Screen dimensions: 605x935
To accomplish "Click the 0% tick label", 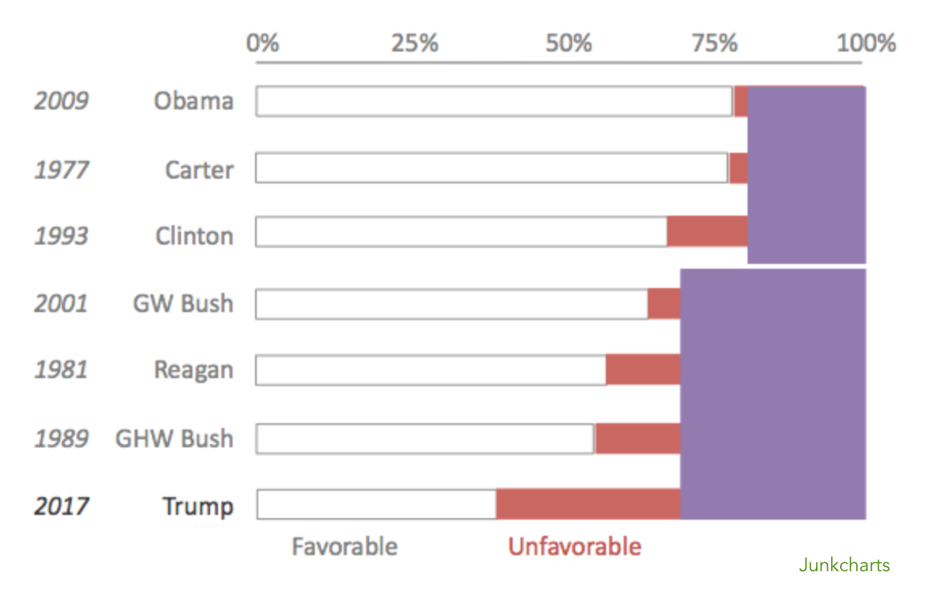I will [x=263, y=43].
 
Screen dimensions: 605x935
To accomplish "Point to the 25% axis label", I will [x=415, y=43].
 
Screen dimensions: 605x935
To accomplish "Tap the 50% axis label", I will [x=568, y=43].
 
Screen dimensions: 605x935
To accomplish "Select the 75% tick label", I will [x=715, y=43].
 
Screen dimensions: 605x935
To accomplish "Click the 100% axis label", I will [x=866, y=43].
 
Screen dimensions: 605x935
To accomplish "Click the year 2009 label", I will [x=61, y=101].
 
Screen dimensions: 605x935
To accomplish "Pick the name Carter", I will [x=199, y=170].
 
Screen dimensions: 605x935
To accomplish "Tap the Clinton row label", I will [x=194, y=236].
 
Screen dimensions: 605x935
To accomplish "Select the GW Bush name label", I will [x=183, y=304].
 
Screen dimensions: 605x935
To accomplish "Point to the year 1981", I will [x=61, y=370].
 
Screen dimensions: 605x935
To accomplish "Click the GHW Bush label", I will [x=174, y=438].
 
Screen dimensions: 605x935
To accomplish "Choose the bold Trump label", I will [x=197, y=506].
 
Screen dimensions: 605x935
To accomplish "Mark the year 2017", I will [x=61, y=506].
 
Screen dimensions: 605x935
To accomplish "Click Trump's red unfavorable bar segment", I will [x=588, y=504].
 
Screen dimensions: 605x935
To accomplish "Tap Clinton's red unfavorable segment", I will [x=707, y=232].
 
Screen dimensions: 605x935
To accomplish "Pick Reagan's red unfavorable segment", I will [x=643, y=370].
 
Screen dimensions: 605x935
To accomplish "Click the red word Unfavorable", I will [x=575, y=547].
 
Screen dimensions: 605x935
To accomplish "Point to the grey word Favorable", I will [x=344, y=547].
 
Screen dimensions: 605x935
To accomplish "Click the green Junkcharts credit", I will [x=844, y=566].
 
